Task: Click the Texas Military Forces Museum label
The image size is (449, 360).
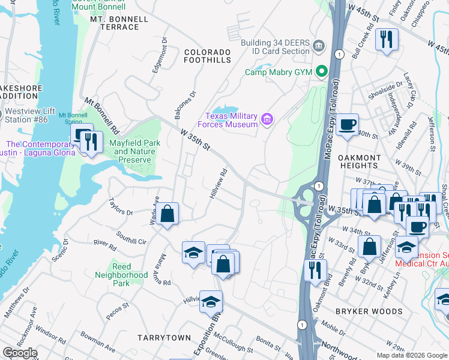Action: tap(232, 120)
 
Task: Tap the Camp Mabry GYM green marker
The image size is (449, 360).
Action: tap(322, 72)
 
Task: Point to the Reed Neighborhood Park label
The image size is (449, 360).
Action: tap(121, 275)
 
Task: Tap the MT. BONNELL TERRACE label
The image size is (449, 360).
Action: tap(119, 23)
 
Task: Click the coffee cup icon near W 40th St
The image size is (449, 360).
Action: tap(347, 125)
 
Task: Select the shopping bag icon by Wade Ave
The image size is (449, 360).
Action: tap(169, 213)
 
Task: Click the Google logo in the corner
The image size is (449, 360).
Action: tap(20, 353)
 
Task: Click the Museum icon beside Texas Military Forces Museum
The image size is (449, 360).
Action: tap(267, 120)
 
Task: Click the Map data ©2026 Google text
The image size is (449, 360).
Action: tap(411, 355)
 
